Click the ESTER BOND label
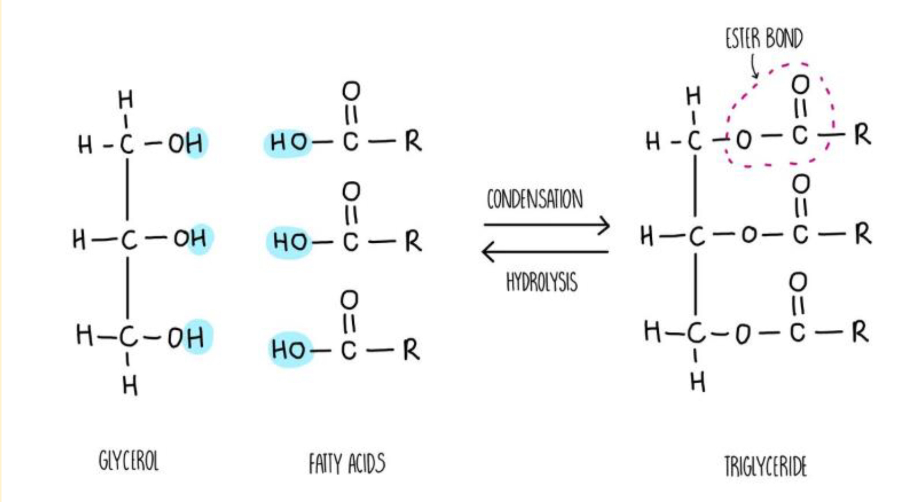763,38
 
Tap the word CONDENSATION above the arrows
534,199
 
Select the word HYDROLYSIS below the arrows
542,282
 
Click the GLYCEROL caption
129,461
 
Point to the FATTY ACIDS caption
347,464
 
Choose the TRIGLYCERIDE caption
765,466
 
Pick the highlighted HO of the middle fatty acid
290,242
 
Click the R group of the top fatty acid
413,141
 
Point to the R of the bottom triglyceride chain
860,332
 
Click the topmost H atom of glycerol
125,100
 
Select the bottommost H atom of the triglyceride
698,383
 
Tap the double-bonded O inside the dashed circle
800,85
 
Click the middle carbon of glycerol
128,239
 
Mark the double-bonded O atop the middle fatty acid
351,191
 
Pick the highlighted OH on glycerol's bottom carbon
186,337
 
